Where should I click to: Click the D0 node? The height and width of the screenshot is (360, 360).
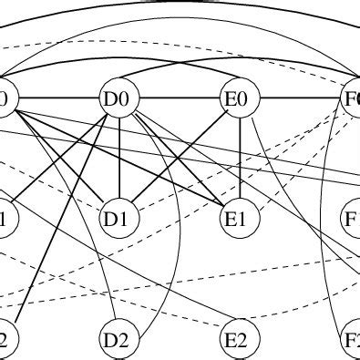click(x=120, y=98)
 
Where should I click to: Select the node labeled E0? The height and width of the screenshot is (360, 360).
click(x=239, y=98)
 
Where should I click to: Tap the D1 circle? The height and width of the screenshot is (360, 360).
click(x=120, y=219)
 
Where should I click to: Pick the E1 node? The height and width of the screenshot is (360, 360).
click(x=239, y=219)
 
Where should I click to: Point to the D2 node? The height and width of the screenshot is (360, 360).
click(x=120, y=340)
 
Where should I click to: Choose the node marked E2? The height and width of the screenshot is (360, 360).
click(x=239, y=340)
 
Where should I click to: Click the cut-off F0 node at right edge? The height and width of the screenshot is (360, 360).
click(x=352, y=98)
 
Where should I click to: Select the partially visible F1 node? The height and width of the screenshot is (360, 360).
click(x=352, y=219)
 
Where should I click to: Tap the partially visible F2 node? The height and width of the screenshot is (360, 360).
click(x=352, y=340)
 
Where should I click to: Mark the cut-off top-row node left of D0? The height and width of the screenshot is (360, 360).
click(x=5, y=98)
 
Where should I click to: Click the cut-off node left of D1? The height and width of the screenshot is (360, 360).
click(x=5, y=219)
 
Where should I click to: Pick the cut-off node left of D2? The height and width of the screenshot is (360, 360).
click(x=5, y=340)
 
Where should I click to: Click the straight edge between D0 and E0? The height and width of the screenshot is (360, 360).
click(x=180, y=98)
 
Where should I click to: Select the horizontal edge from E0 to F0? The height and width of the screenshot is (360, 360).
click(x=296, y=98)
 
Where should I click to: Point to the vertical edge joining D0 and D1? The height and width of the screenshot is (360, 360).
click(x=120, y=159)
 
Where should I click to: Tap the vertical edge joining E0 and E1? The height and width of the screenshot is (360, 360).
click(x=239, y=159)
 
